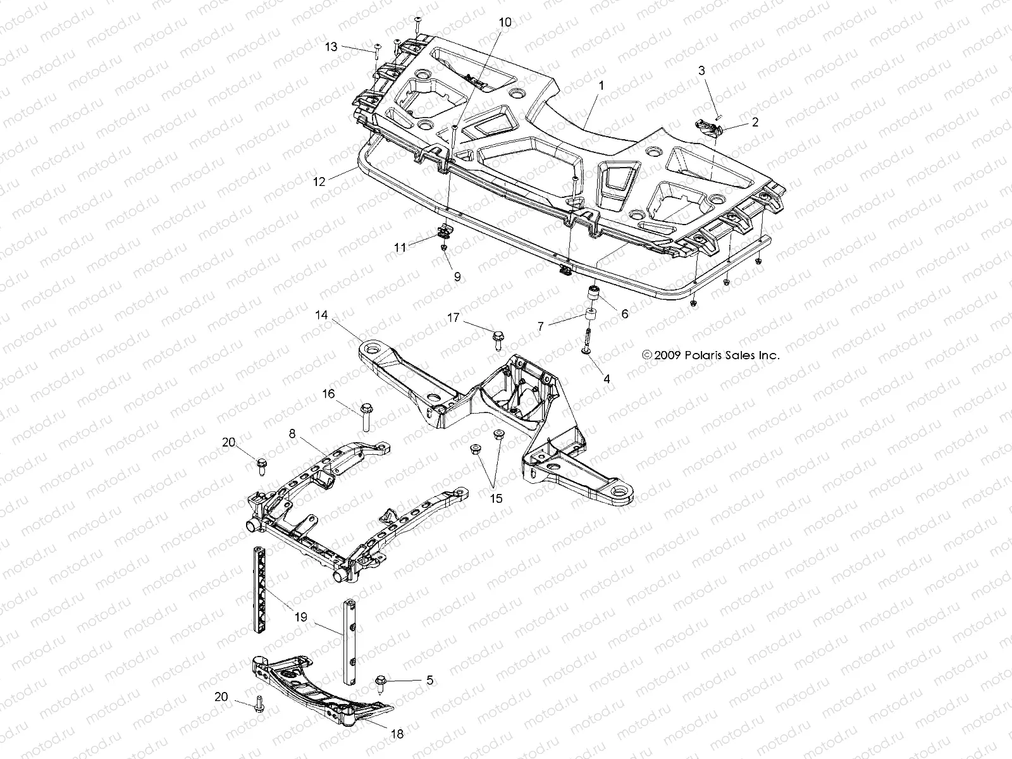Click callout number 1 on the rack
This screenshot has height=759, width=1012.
point(602,84)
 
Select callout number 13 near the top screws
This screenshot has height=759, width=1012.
point(331,47)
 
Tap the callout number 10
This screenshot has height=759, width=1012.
point(504,22)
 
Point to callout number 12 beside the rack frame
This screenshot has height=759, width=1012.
point(318,182)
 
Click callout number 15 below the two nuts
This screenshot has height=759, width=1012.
point(496,498)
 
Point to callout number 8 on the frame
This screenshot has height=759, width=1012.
point(292,434)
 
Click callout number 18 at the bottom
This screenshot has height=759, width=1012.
point(398,734)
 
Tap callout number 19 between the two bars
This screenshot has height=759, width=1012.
point(301,617)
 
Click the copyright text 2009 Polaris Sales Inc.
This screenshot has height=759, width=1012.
point(710,355)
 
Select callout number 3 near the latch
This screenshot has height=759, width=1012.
point(701,70)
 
